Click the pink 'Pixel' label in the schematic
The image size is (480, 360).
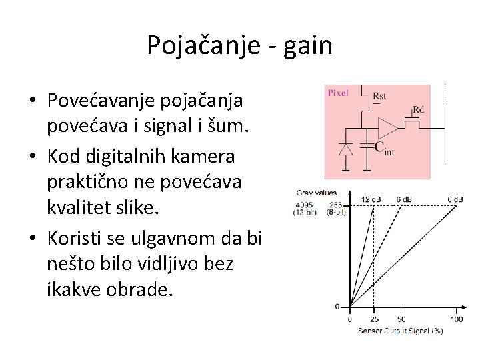337,93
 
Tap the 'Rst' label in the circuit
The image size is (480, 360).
379,95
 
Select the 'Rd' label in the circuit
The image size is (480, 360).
418,109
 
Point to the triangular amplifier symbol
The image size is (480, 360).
387,126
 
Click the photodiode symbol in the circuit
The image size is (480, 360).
345,149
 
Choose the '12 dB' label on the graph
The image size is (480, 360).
371,199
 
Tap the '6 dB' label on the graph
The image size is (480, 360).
404,199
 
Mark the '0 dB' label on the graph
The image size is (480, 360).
456,199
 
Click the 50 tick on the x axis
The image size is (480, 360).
401,319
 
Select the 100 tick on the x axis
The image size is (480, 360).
456,319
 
